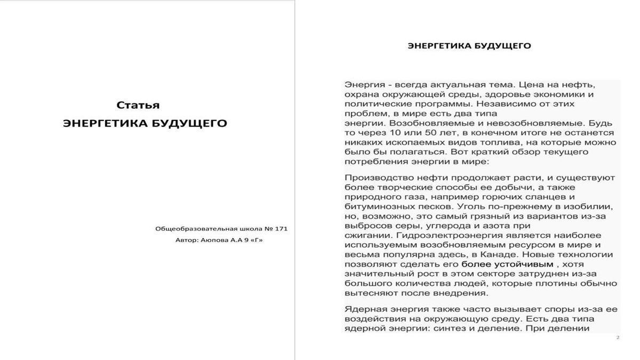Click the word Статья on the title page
(x=138, y=105)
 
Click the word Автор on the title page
(x=187, y=240)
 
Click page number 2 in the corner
(x=618, y=337)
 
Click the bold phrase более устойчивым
(x=507, y=264)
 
